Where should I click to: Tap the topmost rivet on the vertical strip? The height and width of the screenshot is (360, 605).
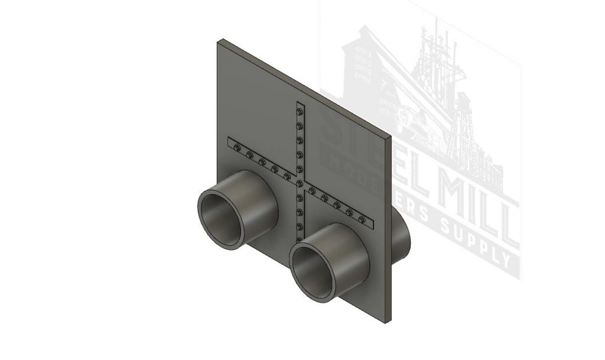click(x=301, y=111)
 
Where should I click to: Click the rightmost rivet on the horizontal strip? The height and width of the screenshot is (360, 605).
click(x=362, y=219)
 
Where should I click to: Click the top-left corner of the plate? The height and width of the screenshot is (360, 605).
click(x=219, y=40)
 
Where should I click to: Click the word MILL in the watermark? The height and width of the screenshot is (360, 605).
click(x=473, y=195)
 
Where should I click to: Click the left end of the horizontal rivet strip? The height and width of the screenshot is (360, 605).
click(x=230, y=142)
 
